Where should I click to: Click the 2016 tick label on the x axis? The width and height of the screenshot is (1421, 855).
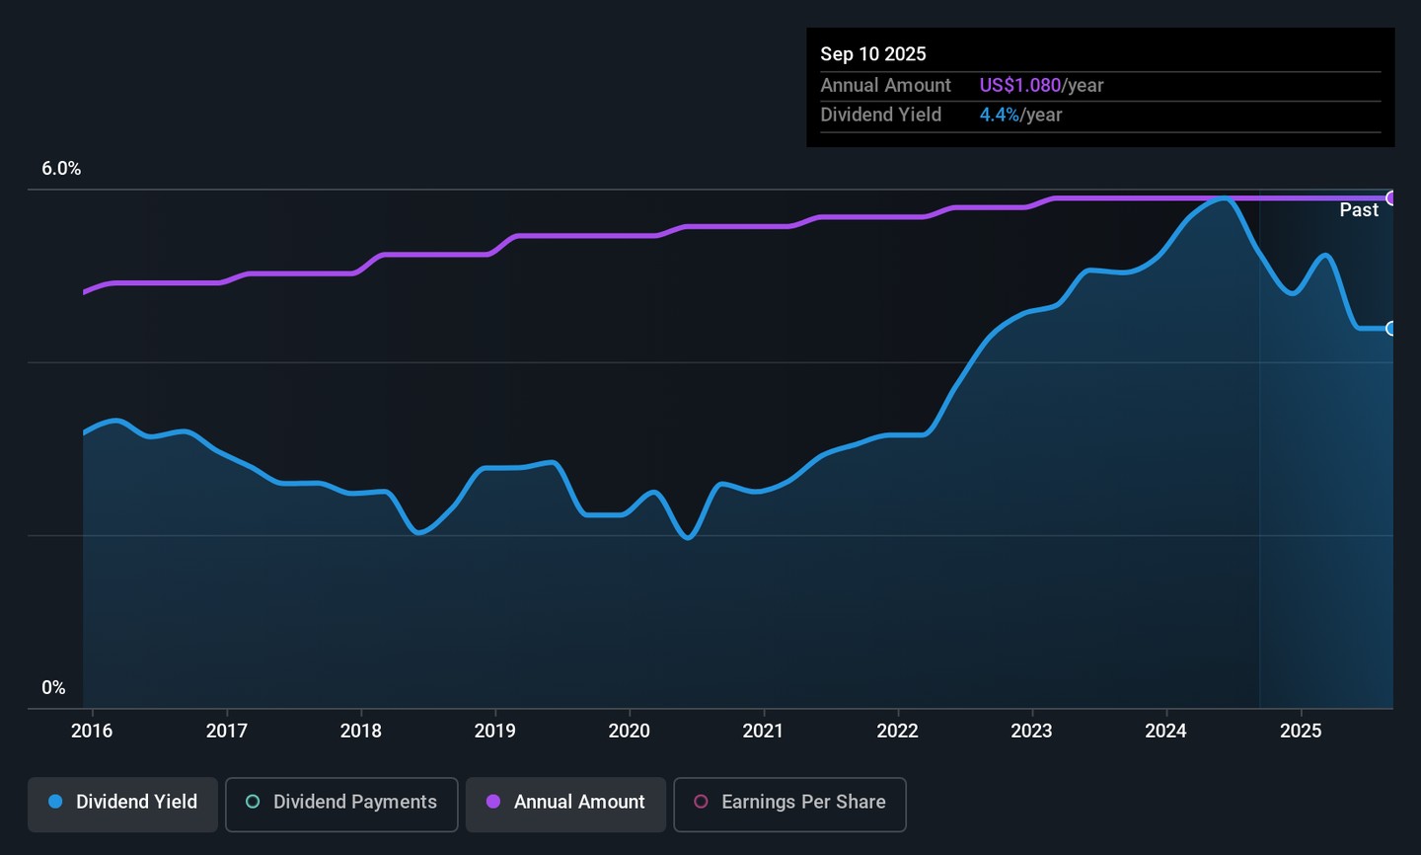click(x=92, y=731)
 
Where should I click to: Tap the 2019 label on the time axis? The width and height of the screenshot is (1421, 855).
click(x=494, y=731)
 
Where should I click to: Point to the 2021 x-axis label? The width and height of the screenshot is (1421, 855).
click(x=763, y=731)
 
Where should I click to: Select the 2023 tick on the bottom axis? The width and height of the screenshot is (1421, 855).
click(x=1031, y=731)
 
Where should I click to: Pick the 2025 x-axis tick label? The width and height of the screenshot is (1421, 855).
click(x=1301, y=731)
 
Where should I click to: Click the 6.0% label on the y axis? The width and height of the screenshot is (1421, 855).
click(x=61, y=169)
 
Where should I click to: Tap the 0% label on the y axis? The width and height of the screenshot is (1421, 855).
click(x=53, y=688)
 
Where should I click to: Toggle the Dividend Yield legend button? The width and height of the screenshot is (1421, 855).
click(x=122, y=803)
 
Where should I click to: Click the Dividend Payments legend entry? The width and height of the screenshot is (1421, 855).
click(x=341, y=803)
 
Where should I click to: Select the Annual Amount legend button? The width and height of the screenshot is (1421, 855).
click(x=565, y=803)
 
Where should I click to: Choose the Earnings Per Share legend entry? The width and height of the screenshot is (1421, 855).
click(x=789, y=803)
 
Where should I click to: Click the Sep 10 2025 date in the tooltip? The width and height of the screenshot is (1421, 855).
click(x=873, y=54)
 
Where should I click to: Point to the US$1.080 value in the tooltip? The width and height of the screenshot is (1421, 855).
click(x=1019, y=86)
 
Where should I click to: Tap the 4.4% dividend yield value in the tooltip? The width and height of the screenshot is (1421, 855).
click(x=999, y=115)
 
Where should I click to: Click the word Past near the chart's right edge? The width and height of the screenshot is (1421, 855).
click(x=1359, y=210)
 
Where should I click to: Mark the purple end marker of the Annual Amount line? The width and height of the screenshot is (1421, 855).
click(x=1391, y=198)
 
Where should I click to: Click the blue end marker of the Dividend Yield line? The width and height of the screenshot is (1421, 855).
click(x=1391, y=329)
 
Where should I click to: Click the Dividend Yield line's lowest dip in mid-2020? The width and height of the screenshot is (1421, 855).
click(x=689, y=537)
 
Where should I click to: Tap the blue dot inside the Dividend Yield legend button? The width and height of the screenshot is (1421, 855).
click(x=56, y=802)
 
